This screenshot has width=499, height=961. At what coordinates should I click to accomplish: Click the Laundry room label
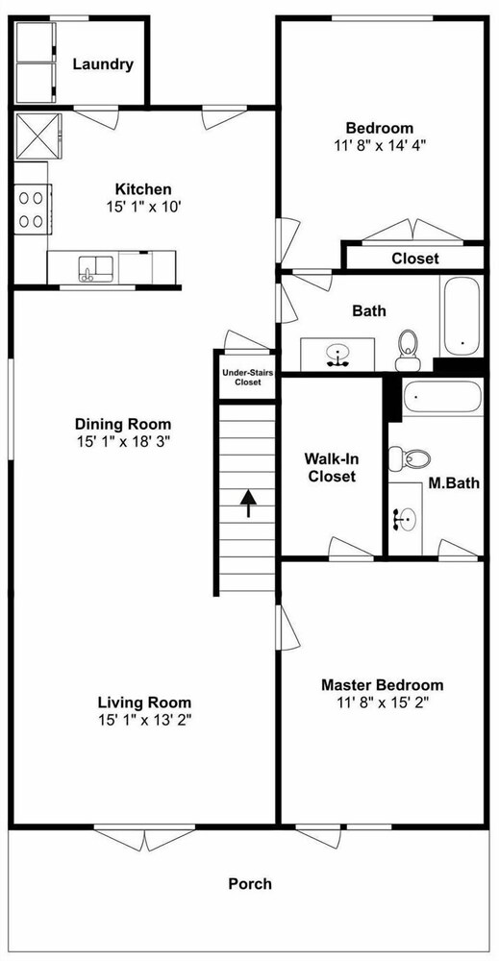103,64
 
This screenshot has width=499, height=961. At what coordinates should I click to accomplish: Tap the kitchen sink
95,268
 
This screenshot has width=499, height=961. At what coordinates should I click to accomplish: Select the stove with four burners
32,209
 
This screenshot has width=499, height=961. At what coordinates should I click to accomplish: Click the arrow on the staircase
248,504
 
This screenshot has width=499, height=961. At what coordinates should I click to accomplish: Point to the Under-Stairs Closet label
241,377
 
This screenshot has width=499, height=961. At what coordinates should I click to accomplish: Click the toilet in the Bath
407,350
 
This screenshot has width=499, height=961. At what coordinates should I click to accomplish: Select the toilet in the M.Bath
409,457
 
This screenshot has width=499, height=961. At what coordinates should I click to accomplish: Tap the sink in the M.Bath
405,520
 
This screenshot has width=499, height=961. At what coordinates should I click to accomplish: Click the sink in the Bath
337,355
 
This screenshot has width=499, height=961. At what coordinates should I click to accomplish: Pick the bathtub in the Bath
462,316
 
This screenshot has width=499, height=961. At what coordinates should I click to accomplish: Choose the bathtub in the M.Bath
442,397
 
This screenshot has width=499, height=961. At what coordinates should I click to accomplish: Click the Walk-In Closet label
331,467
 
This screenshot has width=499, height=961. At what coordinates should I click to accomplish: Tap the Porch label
250,884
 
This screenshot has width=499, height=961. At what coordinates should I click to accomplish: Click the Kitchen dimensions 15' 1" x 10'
143,206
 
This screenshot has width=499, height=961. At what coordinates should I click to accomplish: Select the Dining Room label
123,424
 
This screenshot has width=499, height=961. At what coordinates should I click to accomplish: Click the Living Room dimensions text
144,720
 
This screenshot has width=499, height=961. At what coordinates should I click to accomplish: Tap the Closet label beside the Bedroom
415,259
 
